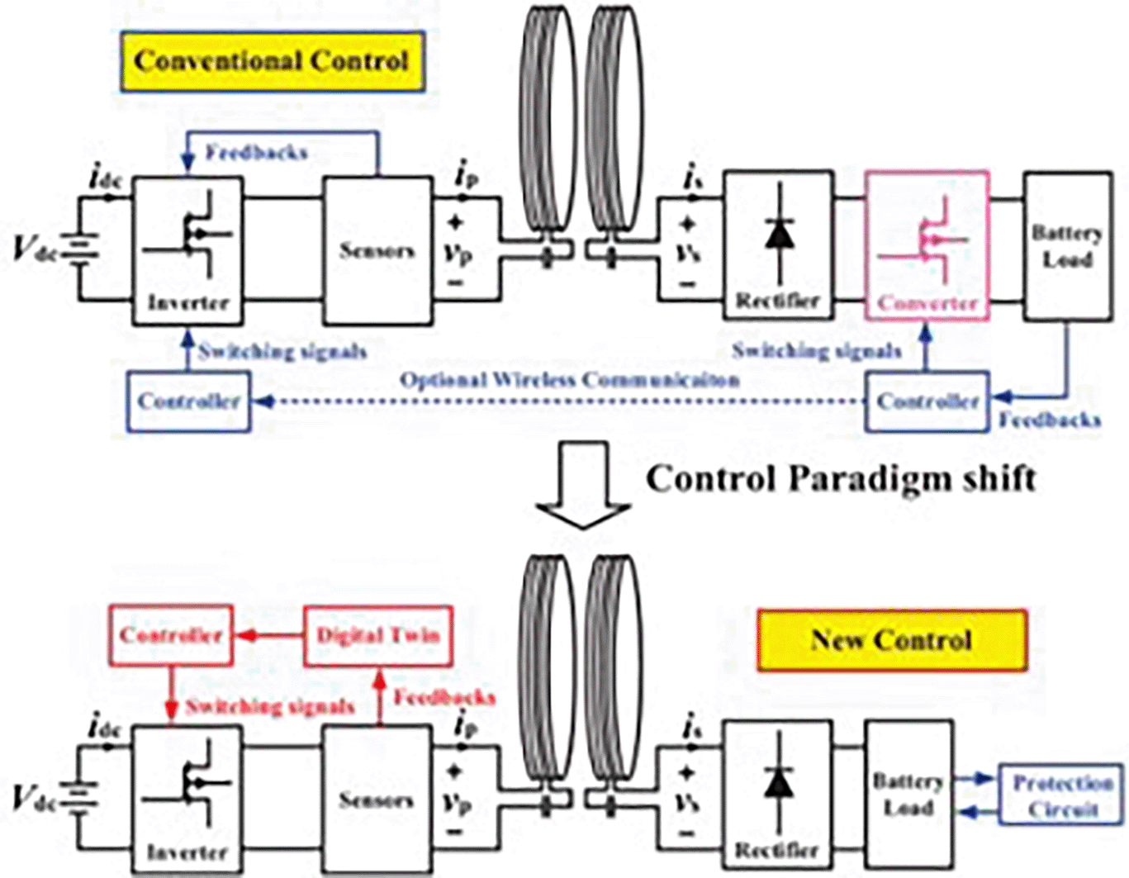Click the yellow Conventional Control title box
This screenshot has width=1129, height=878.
(273, 61)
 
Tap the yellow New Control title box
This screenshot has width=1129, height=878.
(892, 640)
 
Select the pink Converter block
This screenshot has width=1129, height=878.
(927, 246)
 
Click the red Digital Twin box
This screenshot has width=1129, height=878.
(378, 635)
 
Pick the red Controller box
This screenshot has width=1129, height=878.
(171, 635)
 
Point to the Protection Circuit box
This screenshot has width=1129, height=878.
(1062, 795)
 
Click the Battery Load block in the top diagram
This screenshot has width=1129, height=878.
(1067, 246)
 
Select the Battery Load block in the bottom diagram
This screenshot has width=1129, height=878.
(908, 794)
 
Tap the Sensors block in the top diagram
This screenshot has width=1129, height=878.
(377, 249)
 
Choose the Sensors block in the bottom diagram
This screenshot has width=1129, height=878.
(376, 799)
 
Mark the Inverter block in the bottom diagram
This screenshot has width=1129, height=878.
(187, 796)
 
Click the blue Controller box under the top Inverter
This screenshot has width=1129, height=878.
(188, 401)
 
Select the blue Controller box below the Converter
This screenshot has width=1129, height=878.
(927, 401)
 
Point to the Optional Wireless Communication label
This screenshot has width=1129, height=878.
(569, 380)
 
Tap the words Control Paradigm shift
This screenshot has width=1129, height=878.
(841, 479)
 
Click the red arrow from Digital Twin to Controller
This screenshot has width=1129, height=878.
(268, 636)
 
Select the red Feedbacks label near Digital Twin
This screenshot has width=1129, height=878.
(444, 698)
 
